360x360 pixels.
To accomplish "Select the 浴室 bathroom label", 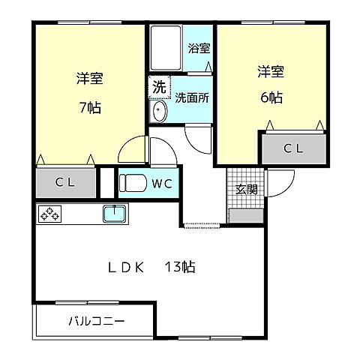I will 199,49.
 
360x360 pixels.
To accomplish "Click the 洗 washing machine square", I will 158,86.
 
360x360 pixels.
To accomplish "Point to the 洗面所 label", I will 192,97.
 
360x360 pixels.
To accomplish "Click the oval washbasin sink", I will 158,112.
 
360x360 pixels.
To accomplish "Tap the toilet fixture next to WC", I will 134,182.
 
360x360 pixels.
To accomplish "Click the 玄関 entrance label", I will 246,189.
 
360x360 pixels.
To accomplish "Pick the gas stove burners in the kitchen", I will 49,214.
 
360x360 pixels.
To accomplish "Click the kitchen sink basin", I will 115,214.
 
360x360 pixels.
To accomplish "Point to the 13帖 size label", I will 181,266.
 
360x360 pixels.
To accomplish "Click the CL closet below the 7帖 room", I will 66,182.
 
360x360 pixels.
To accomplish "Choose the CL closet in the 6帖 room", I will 293,148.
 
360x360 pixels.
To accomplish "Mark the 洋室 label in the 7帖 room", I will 89,77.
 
